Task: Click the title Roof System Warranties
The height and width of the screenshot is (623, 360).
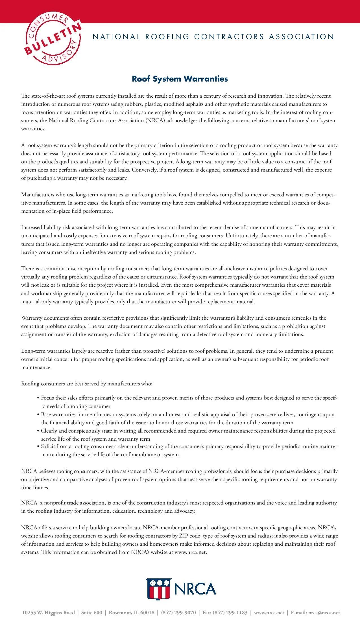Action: click(180, 79)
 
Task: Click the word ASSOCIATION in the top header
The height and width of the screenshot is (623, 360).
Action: click(302, 37)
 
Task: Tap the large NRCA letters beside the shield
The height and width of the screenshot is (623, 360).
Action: click(195, 589)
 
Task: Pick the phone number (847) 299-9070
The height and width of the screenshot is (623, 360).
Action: click(178, 613)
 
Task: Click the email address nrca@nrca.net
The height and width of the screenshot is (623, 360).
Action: click(324, 613)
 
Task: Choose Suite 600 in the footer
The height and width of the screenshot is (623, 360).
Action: click(92, 613)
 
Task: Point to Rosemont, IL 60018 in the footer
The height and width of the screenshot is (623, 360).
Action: click(132, 613)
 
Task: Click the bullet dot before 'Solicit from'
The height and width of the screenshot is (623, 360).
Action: click(38, 447)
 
